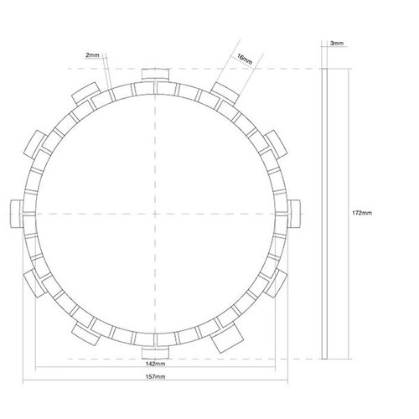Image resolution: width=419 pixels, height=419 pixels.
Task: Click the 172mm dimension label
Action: [362, 213]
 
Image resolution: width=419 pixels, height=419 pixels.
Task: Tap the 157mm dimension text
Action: [155, 376]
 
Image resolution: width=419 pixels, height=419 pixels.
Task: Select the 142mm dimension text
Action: [155, 364]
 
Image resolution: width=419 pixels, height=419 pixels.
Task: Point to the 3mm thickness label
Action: [337, 44]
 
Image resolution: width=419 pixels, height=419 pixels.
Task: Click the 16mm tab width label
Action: [245, 59]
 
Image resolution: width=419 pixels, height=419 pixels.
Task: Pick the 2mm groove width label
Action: [92, 55]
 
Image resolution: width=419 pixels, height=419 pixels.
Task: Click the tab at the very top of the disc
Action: [155, 75]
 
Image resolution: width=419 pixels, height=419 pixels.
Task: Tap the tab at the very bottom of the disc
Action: [155, 353]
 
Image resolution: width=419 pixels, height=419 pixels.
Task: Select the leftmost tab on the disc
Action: [16, 214]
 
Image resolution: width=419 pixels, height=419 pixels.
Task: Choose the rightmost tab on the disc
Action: [294, 214]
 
